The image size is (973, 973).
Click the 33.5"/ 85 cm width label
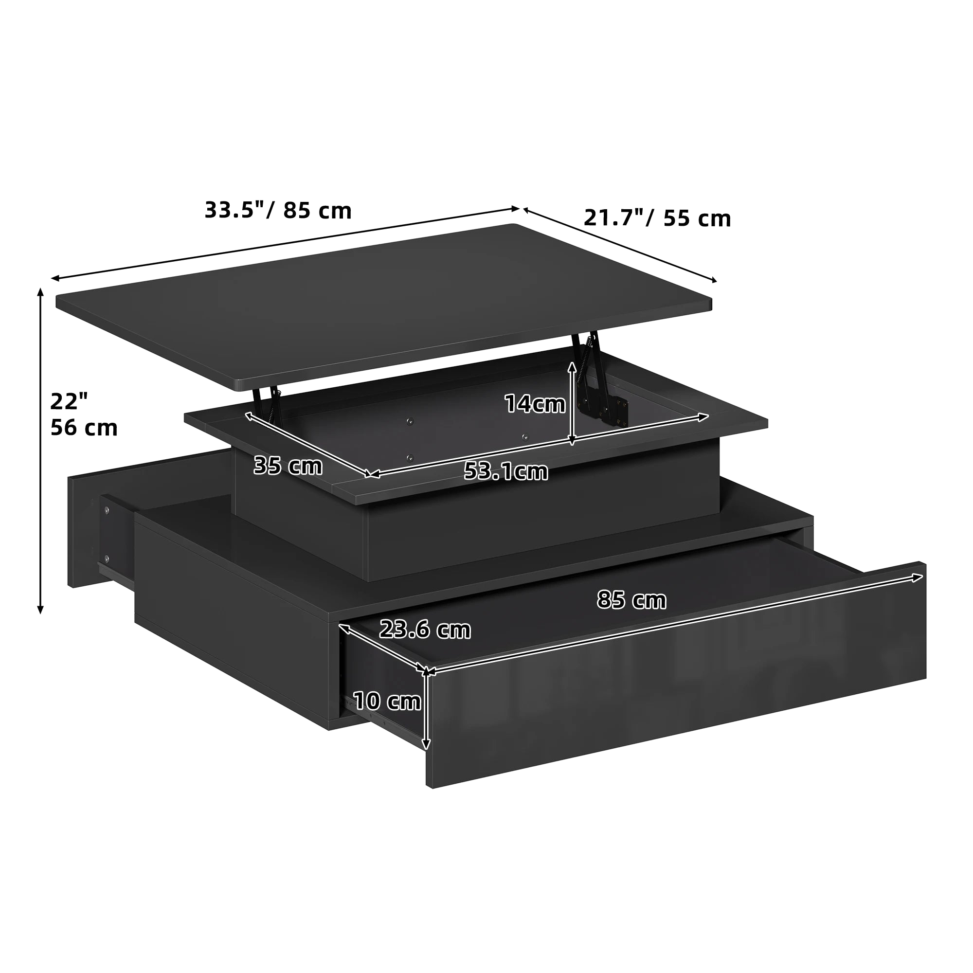tap(278, 211)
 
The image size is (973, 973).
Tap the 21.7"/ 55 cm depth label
tap(657, 218)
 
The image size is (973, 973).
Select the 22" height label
tap(69, 401)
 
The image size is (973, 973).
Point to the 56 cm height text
tap(84, 428)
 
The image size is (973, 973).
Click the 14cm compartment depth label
tap(535, 404)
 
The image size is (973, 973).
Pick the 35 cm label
tap(288, 466)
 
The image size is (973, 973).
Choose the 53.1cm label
tap(505, 471)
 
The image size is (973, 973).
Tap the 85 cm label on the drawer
tap(631, 600)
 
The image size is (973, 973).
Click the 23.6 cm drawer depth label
tap(425, 630)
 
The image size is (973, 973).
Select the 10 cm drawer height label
tap(387, 701)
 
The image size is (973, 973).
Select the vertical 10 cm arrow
tap(427, 710)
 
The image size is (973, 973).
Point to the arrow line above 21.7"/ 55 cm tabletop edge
tap(619, 245)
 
